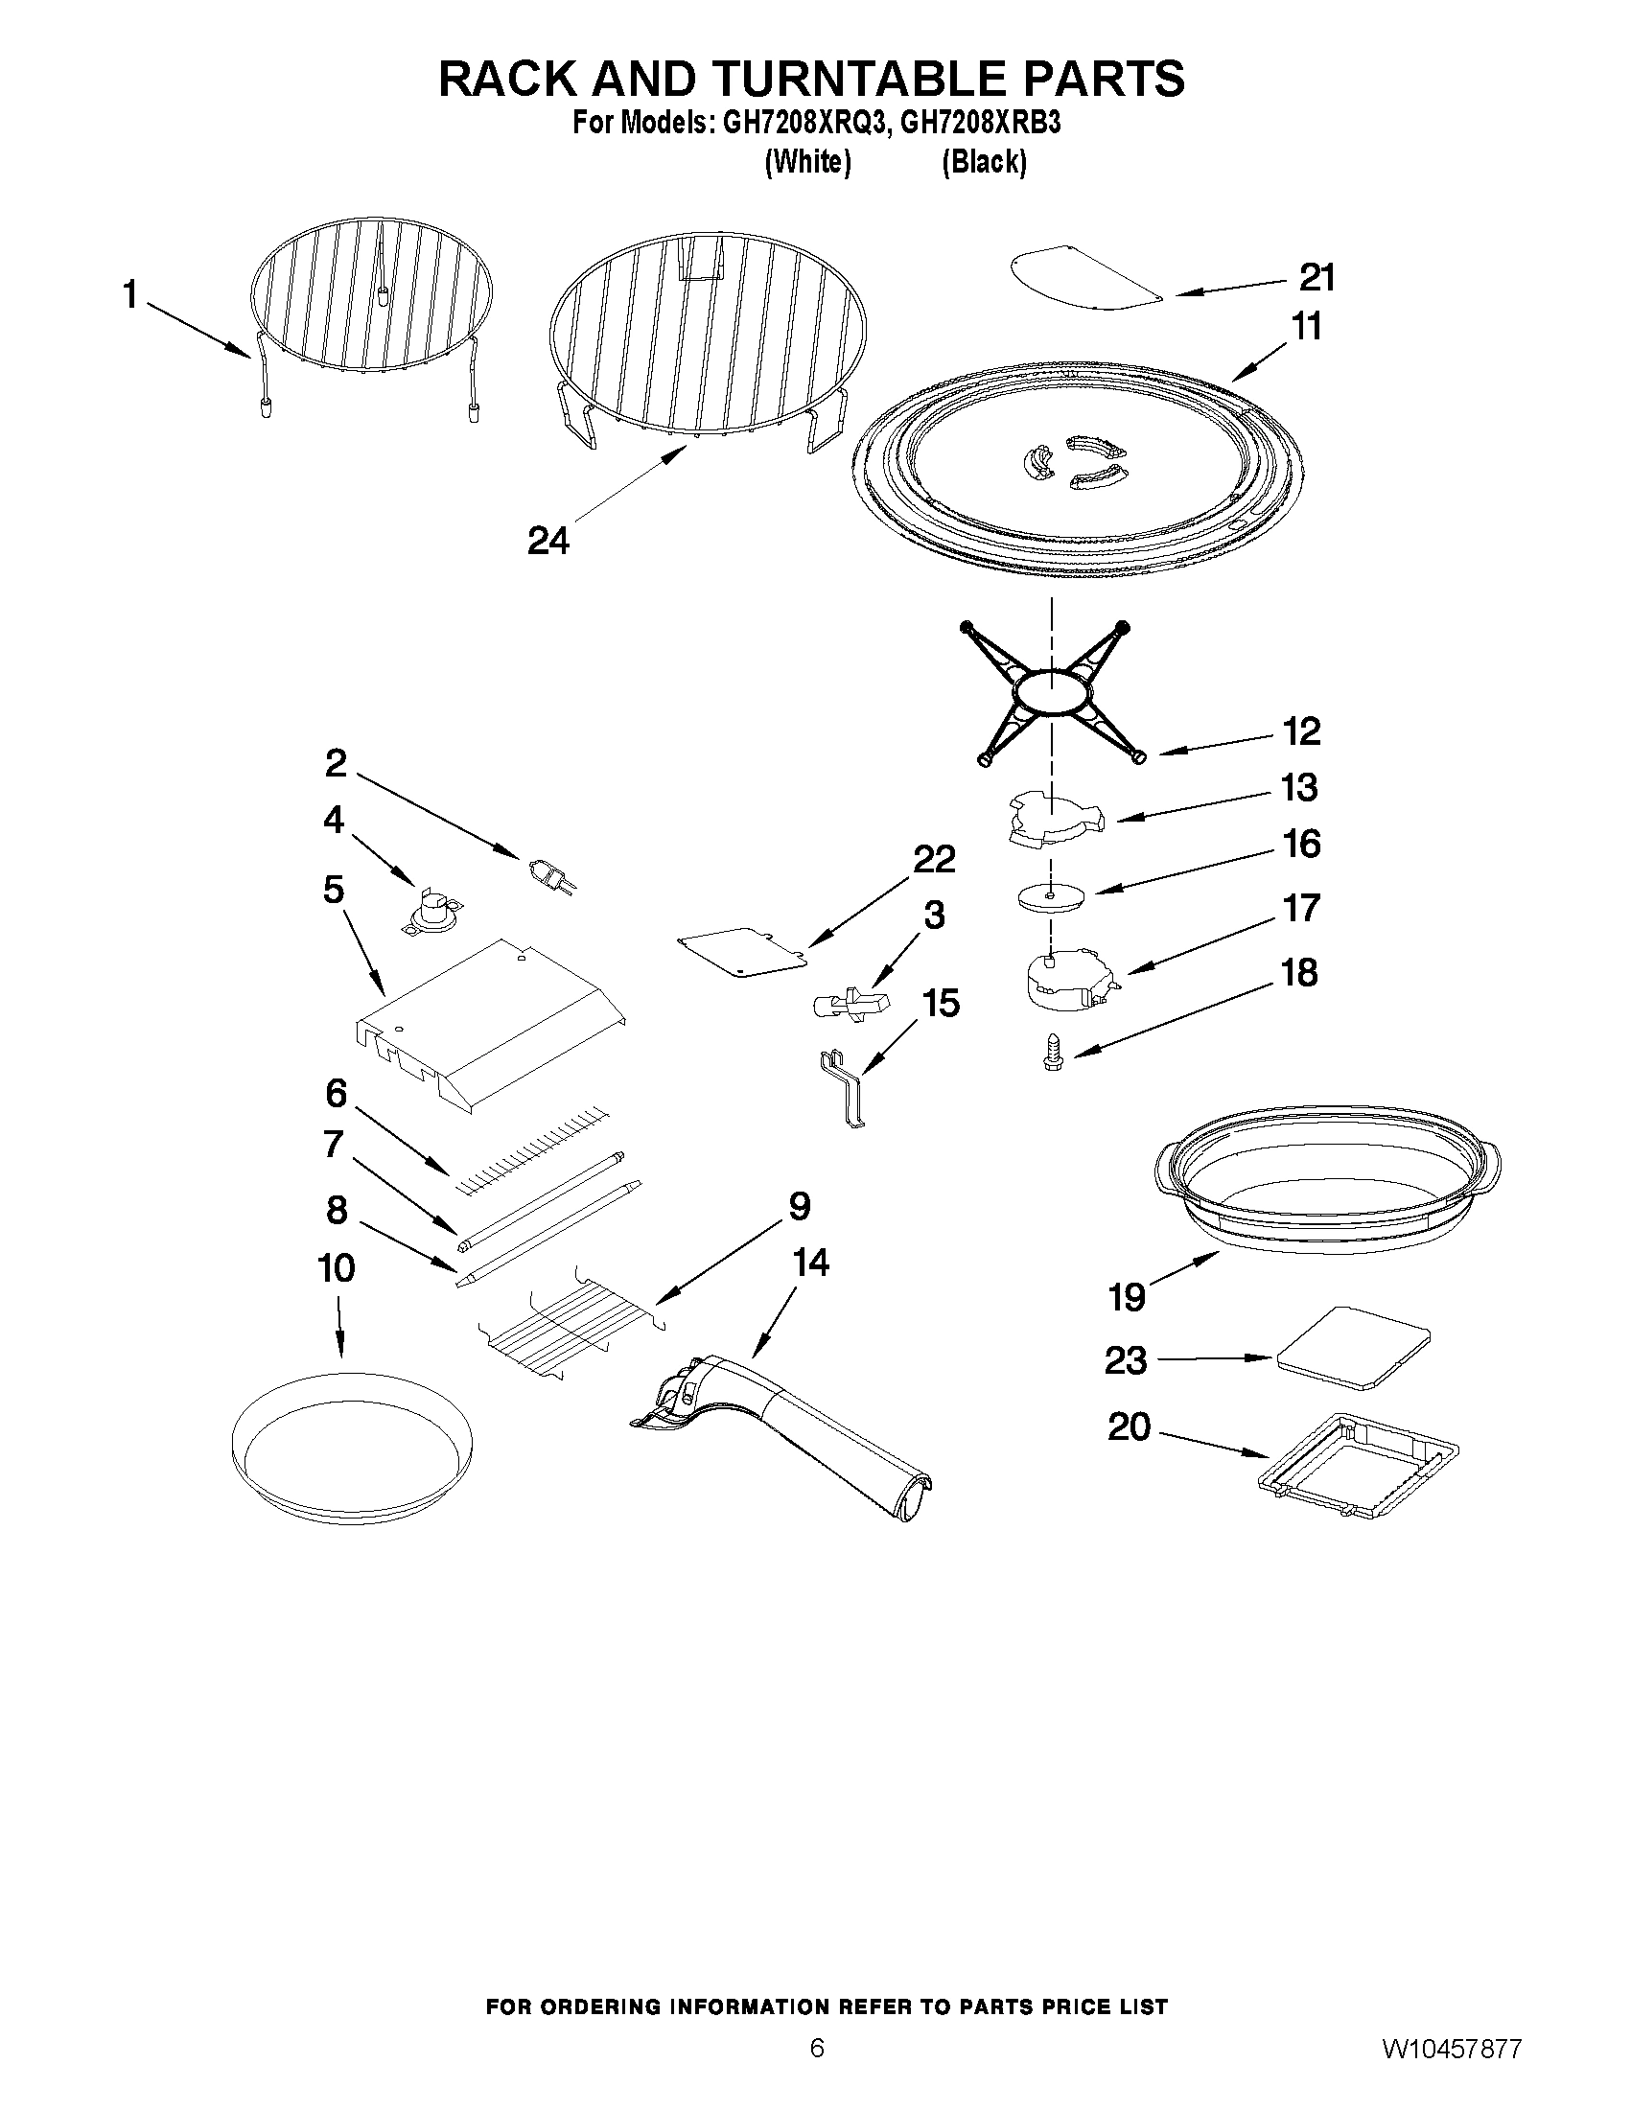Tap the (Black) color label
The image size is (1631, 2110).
984,162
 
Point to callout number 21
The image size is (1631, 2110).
1316,277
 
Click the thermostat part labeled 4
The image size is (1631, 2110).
433,911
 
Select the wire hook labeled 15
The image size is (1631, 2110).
844,1090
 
